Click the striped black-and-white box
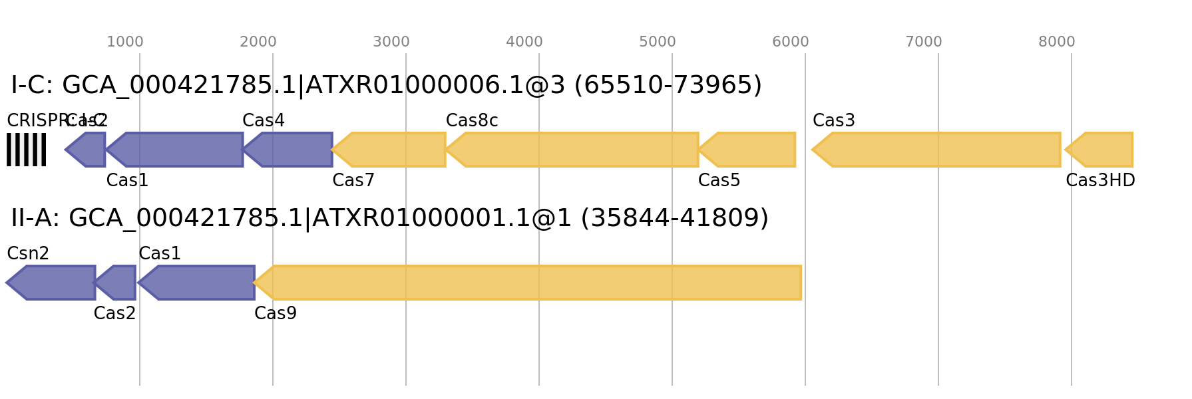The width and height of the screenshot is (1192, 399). pos(27,150)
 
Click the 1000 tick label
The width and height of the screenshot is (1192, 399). pos(125,42)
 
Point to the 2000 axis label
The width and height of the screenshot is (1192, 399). pos(258,42)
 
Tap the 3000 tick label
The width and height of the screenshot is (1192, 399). pos(391,42)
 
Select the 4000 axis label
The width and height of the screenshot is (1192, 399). pos(524,42)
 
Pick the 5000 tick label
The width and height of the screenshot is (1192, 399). pos(658,42)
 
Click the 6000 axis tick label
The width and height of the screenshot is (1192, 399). pos(791,42)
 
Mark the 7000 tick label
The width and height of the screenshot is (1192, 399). pos(924,42)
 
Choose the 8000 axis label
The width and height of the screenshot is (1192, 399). pos(1057,42)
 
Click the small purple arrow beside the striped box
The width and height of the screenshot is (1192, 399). pos(88,150)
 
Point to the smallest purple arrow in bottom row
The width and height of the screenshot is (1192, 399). pos(118,283)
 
